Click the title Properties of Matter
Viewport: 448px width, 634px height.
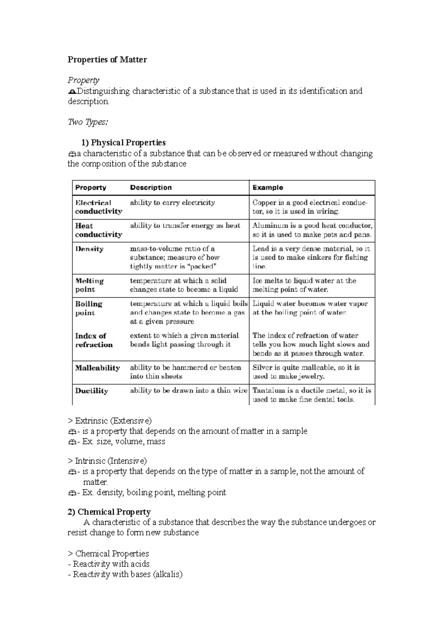[x=107, y=60]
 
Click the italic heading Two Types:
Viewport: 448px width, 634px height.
[x=88, y=122]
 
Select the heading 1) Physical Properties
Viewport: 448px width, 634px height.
[x=123, y=143]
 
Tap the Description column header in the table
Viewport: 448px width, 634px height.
[x=151, y=187]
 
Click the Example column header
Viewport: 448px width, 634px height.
[x=268, y=187]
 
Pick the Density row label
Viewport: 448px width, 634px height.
[x=89, y=249]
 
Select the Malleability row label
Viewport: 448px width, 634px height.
[x=97, y=368]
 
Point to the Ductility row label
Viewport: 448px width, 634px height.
[x=91, y=391]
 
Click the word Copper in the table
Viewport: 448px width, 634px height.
[x=263, y=203]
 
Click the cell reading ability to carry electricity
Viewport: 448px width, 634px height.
[x=172, y=203]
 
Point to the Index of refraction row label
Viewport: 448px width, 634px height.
[x=93, y=340]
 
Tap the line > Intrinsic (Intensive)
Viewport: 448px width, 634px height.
[x=108, y=461]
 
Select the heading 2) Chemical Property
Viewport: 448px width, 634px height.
[x=109, y=512]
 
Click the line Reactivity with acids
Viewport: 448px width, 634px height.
[x=109, y=564]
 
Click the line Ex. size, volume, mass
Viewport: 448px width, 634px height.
[x=119, y=442]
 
